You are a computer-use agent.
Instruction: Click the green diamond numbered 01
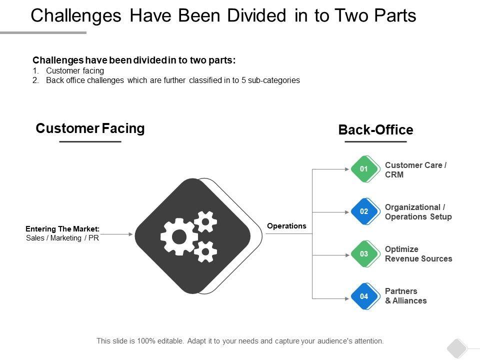click(x=364, y=169)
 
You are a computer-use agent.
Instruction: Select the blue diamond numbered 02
click(x=364, y=211)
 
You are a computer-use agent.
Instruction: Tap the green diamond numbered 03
click(x=364, y=254)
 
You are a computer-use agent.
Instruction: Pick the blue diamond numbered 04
click(x=364, y=296)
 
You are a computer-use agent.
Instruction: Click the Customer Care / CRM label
click(x=415, y=170)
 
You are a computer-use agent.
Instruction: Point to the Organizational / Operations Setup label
click(x=418, y=212)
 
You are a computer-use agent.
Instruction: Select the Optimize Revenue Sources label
click(x=418, y=254)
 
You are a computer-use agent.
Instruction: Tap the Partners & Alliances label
click(x=405, y=296)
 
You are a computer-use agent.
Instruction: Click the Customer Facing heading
click(x=90, y=128)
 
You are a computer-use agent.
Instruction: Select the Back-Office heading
click(x=375, y=130)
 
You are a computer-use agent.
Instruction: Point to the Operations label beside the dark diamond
click(x=286, y=226)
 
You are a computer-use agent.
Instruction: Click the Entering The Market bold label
click(x=62, y=229)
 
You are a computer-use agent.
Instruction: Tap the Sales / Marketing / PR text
click(x=62, y=238)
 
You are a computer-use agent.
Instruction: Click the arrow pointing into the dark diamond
click(x=118, y=233)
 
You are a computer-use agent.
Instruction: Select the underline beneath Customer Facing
click(x=90, y=142)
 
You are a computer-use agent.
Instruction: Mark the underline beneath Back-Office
click(x=375, y=142)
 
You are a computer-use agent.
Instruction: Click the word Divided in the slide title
click(x=258, y=16)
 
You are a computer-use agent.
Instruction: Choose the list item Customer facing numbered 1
click(x=74, y=70)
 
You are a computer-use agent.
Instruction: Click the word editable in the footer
click(x=169, y=341)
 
